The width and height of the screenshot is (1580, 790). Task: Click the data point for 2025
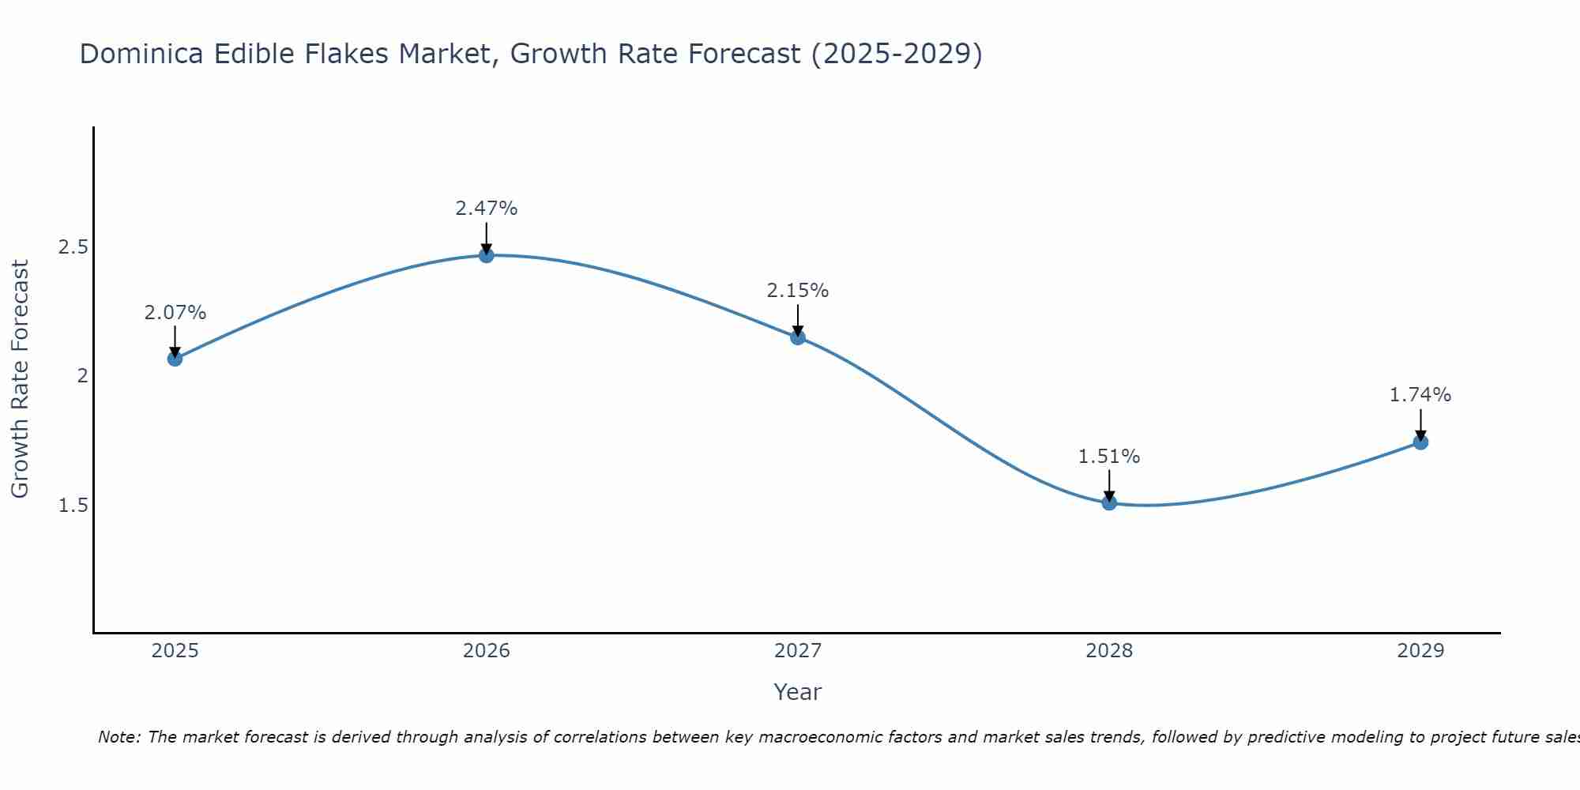[x=175, y=359]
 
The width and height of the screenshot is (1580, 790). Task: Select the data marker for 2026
[x=487, y=255]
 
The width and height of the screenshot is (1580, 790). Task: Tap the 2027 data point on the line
[x=798, y=337]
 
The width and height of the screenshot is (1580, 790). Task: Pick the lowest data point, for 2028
[x=1109, y=502]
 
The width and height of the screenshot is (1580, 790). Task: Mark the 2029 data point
[x=1420, y=442]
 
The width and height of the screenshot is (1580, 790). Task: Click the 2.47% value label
[x=487, y=209]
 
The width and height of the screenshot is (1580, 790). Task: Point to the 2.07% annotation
[x=175, y=313]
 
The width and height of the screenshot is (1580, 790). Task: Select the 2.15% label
[x=798, y=291]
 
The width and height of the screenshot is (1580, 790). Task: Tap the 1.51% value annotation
[x=1109, y=457]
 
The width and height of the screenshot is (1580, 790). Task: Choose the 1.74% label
[x=1420, y=395]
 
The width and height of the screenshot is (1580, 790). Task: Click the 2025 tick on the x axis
[x=175, y=651]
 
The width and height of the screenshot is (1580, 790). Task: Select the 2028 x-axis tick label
[x=1109, y=651]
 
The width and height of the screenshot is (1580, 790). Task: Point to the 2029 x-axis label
[x=1420, y=651]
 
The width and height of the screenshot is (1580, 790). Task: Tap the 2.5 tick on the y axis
[x=73, y=247]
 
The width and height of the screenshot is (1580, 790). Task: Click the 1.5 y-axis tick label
[x=73, y=505]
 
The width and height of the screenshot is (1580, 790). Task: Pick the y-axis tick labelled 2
[x=82, y=376]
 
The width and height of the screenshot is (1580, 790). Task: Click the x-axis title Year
[x=798, y=692]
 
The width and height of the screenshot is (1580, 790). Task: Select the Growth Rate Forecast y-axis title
[x=21, y=378]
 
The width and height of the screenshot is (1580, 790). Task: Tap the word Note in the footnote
[x=119, y=737]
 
